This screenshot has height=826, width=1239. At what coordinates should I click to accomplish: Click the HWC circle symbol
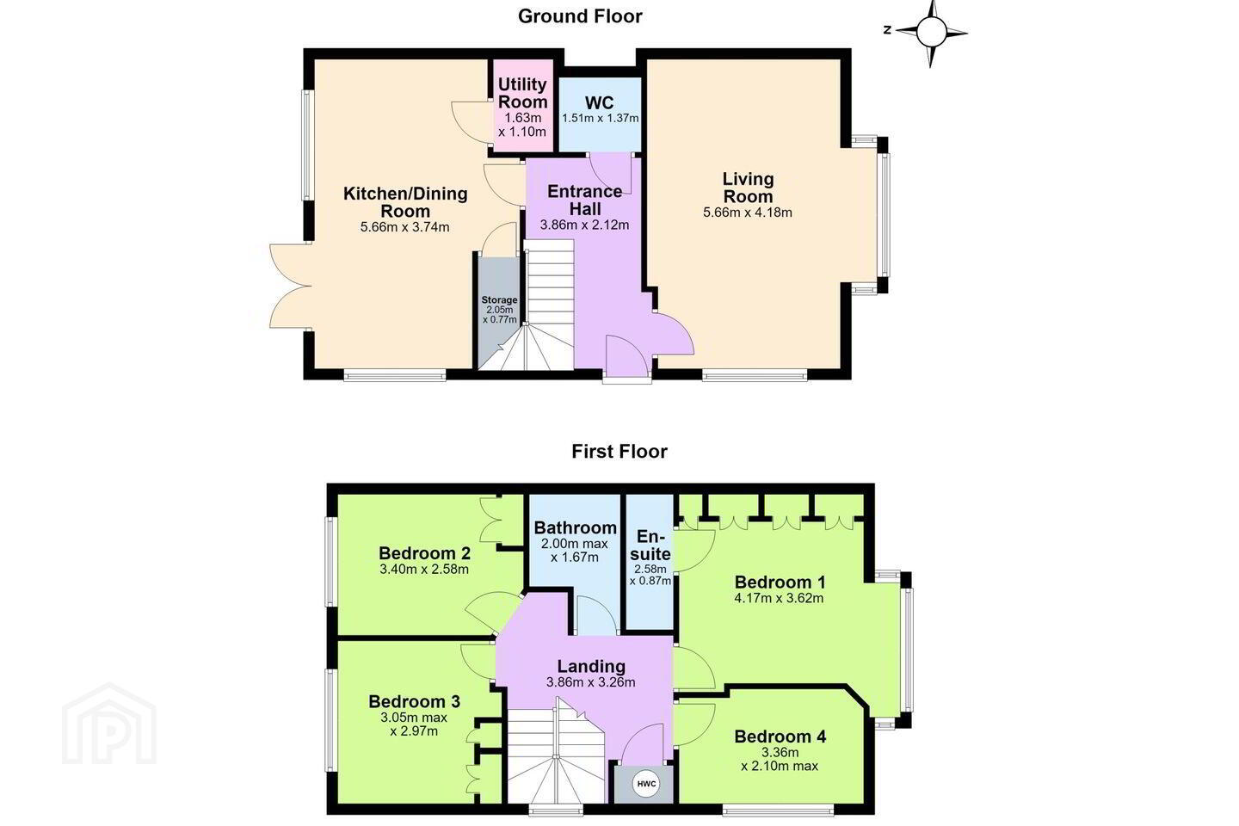(646, 784)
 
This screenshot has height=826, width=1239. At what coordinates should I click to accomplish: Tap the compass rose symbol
(932, 32)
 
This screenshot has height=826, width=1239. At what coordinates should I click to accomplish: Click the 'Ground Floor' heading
(580, 16)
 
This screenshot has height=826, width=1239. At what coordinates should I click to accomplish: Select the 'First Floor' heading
(619, 452)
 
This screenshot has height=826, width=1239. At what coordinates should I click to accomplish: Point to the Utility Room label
(523, 93)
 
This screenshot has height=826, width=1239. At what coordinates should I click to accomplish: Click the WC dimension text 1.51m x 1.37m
(601, 119)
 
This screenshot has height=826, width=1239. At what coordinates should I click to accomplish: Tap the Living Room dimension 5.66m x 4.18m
(747, 213)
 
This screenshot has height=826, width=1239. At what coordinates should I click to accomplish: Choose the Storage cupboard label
(499, 300)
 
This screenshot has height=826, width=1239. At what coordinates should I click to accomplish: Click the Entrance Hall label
(585, 200)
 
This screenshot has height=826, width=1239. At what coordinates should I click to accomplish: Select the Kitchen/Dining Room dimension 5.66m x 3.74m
(405, 227)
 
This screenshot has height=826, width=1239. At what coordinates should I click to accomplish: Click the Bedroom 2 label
(424, 552)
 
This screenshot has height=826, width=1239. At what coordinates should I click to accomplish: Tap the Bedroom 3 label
(415, 701)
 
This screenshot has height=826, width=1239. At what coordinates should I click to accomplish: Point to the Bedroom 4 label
(780, 737)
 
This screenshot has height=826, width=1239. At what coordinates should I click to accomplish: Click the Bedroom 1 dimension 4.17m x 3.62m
(779, 598)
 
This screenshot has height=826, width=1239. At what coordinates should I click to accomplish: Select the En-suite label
(650, 545)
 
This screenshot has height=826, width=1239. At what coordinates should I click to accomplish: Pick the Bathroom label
(576, 527)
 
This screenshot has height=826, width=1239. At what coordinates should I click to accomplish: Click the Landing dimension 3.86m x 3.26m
(591, 682)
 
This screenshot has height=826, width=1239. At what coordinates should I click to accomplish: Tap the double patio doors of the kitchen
(291, 286)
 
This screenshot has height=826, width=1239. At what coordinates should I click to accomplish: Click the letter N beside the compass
(887, 30)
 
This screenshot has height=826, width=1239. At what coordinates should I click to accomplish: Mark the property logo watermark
(109, 724)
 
